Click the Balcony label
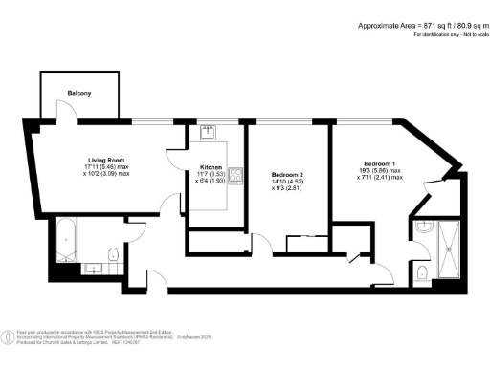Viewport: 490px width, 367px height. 78,93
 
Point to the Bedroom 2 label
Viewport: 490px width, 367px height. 289,169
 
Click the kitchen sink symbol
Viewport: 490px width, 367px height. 208,136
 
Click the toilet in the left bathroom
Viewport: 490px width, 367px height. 113,253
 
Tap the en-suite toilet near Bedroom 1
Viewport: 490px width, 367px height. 423,273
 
